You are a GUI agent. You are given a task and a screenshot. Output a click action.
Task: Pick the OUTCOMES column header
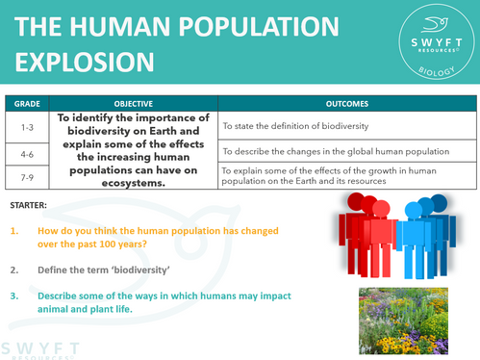pos(347,101)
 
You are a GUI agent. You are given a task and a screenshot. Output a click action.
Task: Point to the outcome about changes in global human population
pos(337,150)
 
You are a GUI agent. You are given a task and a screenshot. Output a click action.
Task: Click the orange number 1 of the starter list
pos(16,232)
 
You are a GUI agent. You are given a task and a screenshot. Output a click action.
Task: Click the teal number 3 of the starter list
pos(16,296)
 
